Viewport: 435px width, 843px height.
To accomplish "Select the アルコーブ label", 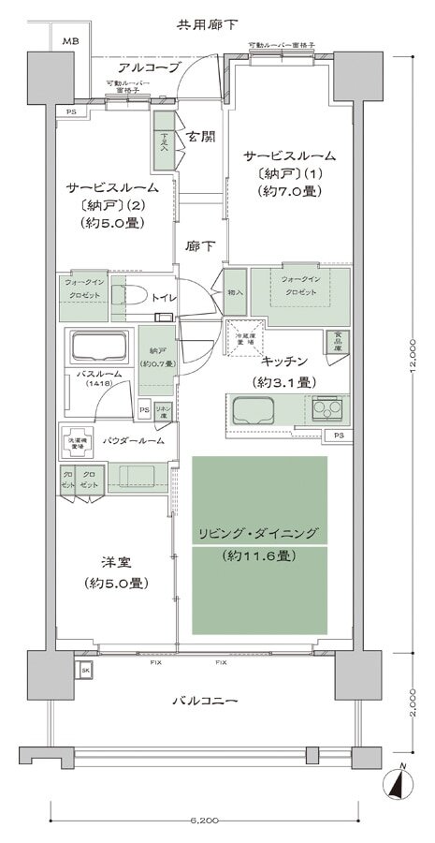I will (142, 68).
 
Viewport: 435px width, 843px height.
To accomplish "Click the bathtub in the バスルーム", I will (98, 349).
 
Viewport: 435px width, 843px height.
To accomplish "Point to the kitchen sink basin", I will (253, 410).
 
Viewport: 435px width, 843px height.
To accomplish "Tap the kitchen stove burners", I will (328, 408).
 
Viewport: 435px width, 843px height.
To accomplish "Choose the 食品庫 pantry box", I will (334, 343).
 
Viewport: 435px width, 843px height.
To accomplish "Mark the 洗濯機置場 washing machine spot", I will (77, 447).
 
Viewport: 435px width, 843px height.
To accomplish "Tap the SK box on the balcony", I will (84, 671).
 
